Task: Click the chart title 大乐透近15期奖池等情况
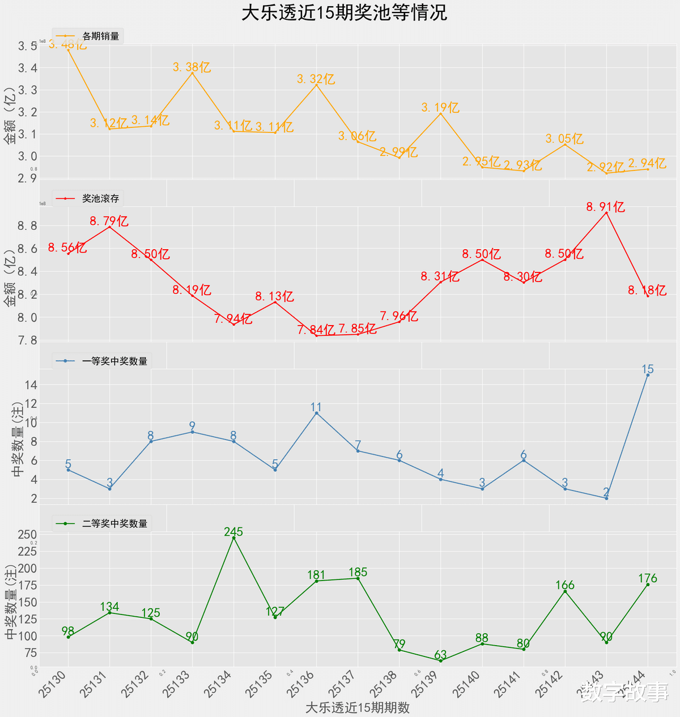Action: tap(344, 13)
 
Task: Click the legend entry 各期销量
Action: tap(100, 36)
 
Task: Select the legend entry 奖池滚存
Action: tap(100, 198)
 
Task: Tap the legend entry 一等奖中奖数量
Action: tap(114, 361)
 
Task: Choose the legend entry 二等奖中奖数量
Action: tap(114, 523)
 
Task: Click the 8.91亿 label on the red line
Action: tap(605, 207)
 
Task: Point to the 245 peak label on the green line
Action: tap(233, 532)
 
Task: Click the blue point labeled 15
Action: tap(648, 375)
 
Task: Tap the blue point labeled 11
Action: tap(316, 413)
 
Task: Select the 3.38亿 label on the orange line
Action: tap(192, 67)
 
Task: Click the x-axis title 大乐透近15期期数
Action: tap(357, 707)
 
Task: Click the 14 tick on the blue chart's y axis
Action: tap(31, 385)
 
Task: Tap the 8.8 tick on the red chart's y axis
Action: tap(27, 226)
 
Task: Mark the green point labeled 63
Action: tap(440, 660)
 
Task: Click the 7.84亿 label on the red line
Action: tap(316, 330)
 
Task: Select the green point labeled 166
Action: tap(565, 591)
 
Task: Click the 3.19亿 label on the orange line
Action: tap(440, 108)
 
